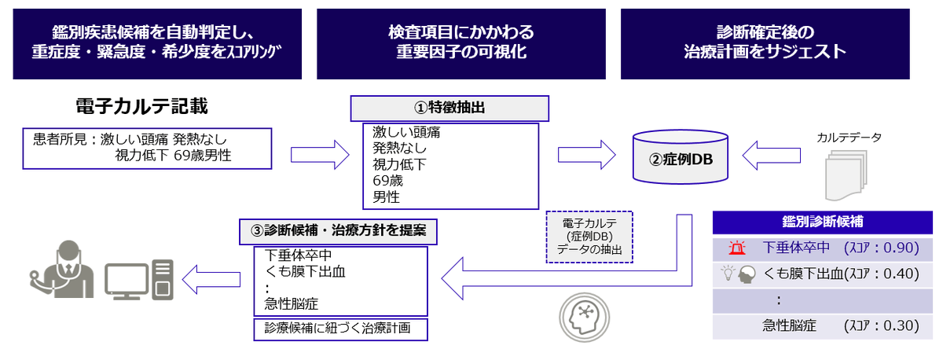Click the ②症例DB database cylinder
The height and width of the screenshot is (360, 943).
point(681,157)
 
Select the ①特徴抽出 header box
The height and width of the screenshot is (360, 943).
point(449,108)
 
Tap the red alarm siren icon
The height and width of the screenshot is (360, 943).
point(737,248)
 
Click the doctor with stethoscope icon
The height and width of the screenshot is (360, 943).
point(62,270)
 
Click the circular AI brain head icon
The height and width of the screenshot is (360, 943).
point(585,318)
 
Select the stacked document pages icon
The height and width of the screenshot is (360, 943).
point(846,175)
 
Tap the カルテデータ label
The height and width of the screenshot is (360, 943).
point(849,138)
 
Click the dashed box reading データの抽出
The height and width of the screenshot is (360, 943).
point(589,237)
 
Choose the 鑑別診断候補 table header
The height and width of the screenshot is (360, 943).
point(822,222)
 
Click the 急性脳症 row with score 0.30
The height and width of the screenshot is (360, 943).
point(822,326)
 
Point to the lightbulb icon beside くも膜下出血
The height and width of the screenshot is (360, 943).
point(728,273)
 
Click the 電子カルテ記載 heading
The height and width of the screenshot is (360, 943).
point(142,106)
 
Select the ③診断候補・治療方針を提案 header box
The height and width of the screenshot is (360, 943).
point(338,232)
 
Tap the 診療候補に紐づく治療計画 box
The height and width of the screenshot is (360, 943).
point(340,329)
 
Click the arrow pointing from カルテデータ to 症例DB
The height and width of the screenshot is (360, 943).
point(771,156)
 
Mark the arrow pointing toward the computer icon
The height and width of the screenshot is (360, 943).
point(211,279)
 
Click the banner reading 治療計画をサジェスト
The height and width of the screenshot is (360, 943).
point(765,44)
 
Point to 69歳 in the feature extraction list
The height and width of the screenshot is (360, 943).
point(387,181)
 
